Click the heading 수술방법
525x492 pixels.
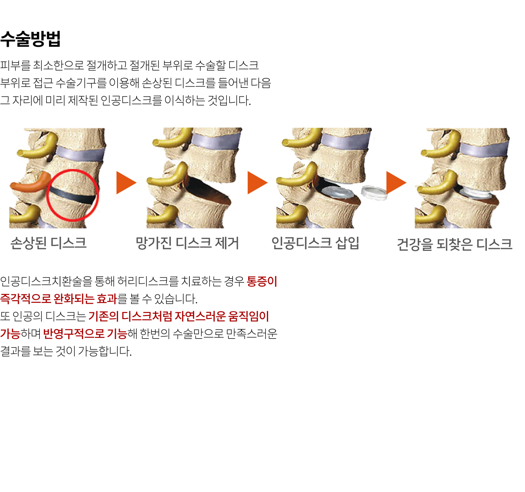(30, 39)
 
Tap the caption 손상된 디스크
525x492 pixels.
(49, 243)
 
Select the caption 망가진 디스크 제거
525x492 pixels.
(187, 243)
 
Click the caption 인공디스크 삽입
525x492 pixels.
(315, 243)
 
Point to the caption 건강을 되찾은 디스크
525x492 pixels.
(455, 244)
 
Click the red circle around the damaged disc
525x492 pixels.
(73, 170)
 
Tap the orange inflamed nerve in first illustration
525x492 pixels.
(30, 182)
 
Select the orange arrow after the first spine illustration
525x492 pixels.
(126, 183)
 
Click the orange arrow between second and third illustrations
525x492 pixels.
(257, 183)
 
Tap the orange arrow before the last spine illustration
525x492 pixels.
(396, 183)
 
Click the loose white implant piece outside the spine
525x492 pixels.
(374, 192)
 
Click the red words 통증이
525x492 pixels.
(262, 281)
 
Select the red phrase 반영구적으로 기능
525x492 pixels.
(85, 334)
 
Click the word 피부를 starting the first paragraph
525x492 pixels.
(15, 65)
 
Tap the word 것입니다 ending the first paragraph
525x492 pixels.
(229, 100)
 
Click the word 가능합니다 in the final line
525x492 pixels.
(105, 351)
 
